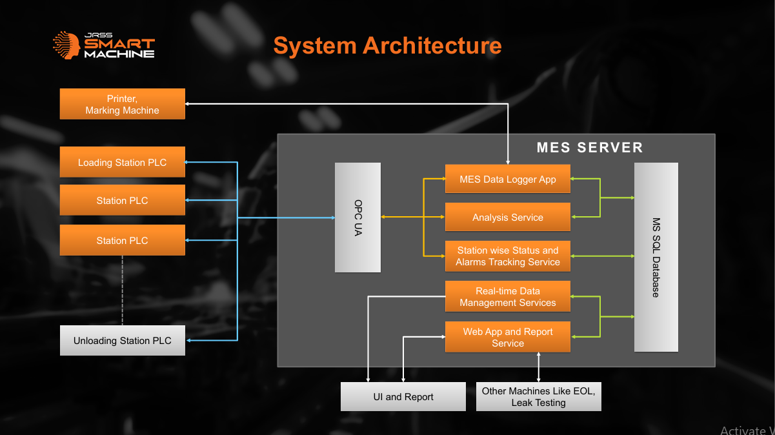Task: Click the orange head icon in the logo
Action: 67,45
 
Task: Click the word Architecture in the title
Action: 432,46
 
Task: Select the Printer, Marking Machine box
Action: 122,104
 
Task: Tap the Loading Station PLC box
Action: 122,162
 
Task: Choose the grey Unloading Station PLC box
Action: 122,340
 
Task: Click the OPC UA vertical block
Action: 357,217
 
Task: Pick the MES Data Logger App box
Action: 507,179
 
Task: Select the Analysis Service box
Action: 507,217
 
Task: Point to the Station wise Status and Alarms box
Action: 507,256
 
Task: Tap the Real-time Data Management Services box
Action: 507,296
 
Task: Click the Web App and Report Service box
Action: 507,337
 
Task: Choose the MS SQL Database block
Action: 656,257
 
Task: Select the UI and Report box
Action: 403,396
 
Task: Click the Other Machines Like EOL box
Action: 538,396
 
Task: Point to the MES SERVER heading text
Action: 589,147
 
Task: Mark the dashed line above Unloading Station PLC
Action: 122,290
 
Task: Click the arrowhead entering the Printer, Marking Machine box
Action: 189,103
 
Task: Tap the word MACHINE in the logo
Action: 120,54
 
